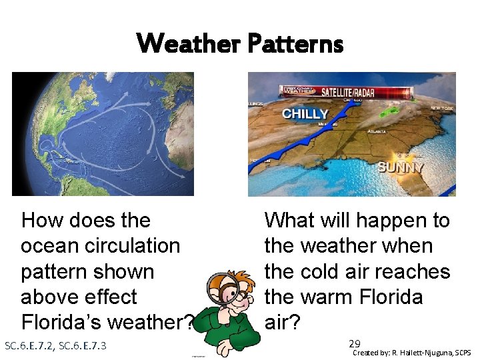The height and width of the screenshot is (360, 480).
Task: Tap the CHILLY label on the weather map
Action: pos(305,113)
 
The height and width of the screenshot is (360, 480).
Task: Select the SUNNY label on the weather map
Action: pos(401,167)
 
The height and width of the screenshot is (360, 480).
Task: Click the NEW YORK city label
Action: pos(441,108)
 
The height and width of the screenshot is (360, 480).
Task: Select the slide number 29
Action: pos(355,344)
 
